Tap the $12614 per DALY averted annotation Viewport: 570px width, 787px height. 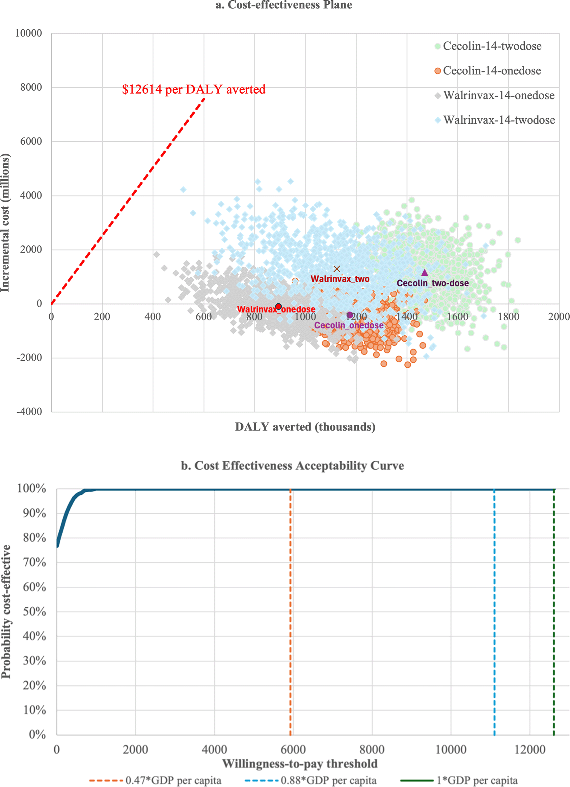(194, 90)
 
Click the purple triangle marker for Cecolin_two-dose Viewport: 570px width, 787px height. (425, 273)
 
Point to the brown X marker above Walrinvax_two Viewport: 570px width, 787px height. (336, 269)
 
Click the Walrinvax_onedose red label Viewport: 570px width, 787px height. (276, 309)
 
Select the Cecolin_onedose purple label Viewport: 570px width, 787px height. (349, 325)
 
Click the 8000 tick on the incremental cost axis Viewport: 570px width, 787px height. (31, 87)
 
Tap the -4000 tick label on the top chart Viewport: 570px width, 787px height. (29, 412)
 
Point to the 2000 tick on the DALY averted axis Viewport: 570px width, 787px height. (559, 316)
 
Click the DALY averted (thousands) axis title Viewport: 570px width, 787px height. (305, 427)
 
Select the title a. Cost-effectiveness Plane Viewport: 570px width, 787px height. (284, 5)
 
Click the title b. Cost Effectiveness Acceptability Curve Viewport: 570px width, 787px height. (293, 466)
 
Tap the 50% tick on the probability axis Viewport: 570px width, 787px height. (34, 612)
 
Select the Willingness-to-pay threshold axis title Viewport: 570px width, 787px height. (300, 764)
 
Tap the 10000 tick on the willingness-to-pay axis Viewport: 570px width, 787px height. (451, 750)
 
